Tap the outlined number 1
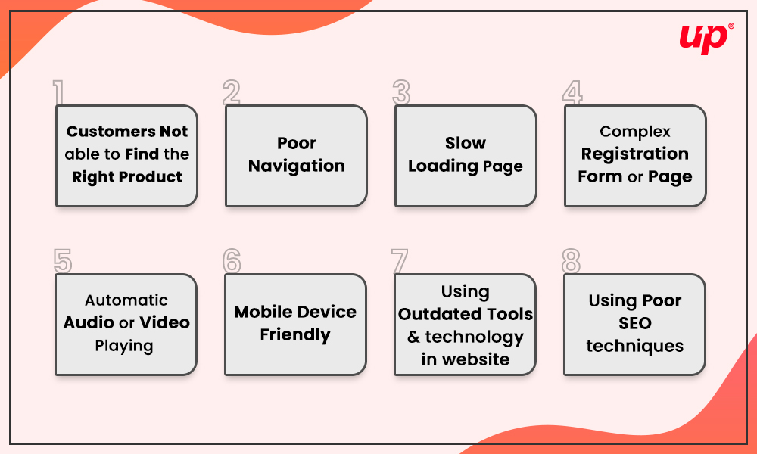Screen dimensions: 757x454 coord(59,92)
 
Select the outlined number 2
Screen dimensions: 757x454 coord(231,92)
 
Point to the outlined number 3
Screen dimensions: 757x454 coord(401,92)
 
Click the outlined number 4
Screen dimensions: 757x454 coord(572,92)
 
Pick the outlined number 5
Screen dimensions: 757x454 coord(63,261)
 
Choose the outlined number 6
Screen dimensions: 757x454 coord(232,261)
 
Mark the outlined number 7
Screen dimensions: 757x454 coord(400,261)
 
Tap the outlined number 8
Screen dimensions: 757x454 coord(571,261)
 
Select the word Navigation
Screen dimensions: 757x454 coord(297,166)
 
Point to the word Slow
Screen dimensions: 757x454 coord(466,143)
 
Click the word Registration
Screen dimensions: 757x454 coord(635,154)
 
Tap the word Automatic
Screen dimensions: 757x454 coord(126,300)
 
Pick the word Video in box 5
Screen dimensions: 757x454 coord(164,322)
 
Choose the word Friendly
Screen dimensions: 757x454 coord(295,335)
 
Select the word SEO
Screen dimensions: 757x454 coord(635,323)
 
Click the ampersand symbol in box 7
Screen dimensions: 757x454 coord(413,337)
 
